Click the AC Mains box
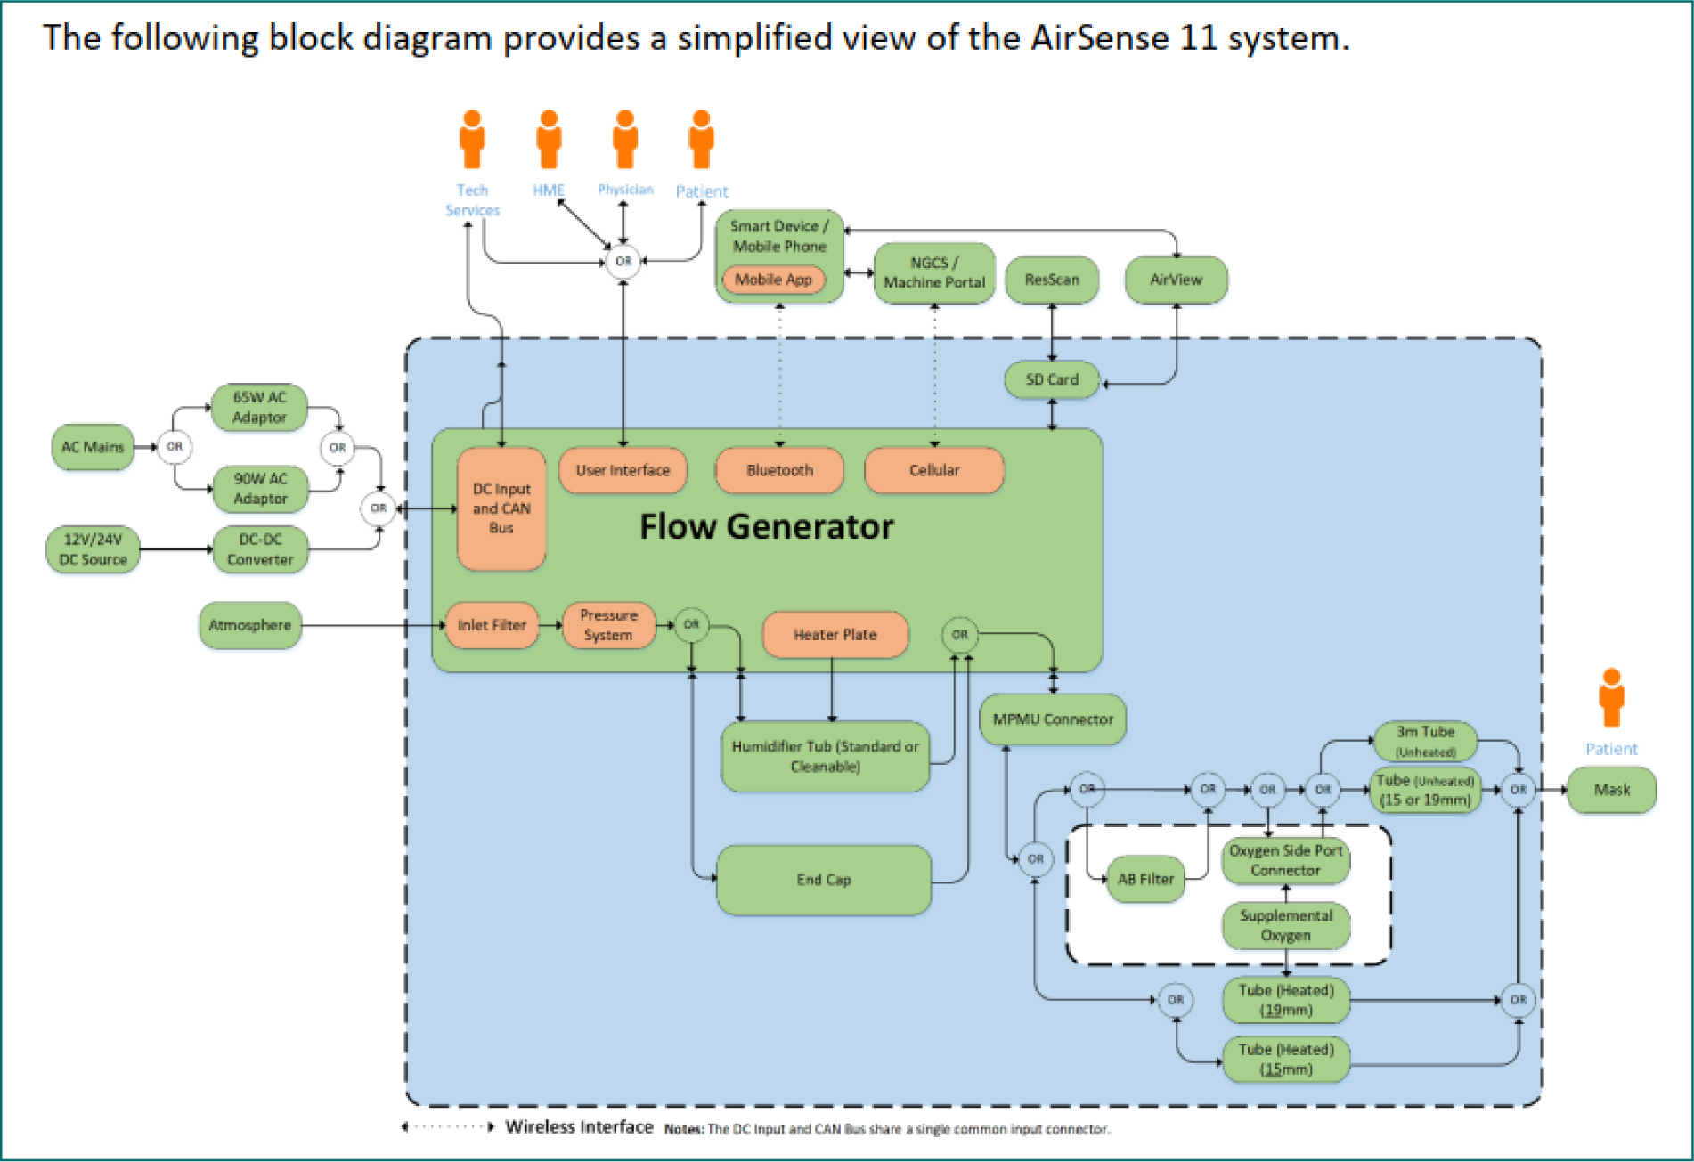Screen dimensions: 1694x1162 (x=93, y=447)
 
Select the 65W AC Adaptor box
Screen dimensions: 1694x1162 (x=259, y=407)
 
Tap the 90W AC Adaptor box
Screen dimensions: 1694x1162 (x=260, y=489)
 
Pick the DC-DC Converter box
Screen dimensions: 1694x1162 (x=260, y=549)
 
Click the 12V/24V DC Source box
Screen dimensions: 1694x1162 (x=93, y=549)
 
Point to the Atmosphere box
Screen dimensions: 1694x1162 (x=250, y=625)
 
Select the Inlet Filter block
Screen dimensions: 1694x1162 (x=492, y=625)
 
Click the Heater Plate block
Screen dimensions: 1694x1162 (x=835, y=635)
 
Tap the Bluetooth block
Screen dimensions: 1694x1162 (x=779, y=470)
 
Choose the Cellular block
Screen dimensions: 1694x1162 (x=934, y=470)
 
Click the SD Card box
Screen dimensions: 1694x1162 (x=1052, y=379)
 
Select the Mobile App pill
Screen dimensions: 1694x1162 (x=773, y=280)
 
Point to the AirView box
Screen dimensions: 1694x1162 (x=1177, y=280)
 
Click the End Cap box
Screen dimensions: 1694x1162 (x=824, y=880)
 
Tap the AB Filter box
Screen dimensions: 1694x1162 (x=1145, y=880)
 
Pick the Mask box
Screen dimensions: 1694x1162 (x=1612, y=790)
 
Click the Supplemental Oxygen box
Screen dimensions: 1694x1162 (x=1286, y=925)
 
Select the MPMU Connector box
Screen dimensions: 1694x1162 (x=1053, y=719)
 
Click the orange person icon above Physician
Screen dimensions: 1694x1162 (x=625, y=140)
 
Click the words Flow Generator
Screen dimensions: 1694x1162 (x=766, y=526)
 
